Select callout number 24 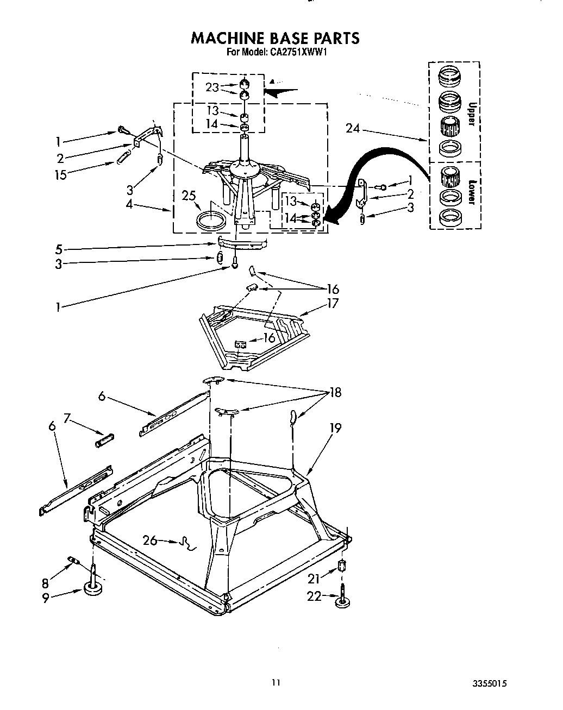click(353, 129)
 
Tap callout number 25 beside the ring click(189, 196)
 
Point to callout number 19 click(335, 428)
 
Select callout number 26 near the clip click(150, 540)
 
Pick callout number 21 click(315, 580)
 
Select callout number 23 click(212, 87)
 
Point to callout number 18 click(335, 392)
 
